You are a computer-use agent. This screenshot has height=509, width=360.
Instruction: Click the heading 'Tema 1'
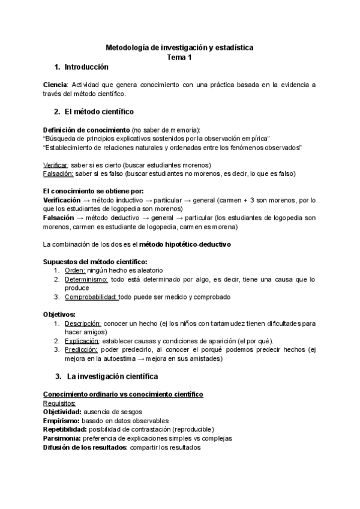(x=179, y=56)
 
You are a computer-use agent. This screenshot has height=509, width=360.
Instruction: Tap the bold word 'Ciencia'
(x=55, y=85)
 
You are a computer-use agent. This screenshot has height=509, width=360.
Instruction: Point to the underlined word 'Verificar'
(x=56, y=164)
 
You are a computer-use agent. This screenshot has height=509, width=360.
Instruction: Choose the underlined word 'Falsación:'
(x=58, y=173)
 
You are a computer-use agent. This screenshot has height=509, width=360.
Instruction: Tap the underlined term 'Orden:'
(x=76, y=271)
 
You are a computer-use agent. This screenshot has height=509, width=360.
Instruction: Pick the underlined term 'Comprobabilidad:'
(x=91, y=297)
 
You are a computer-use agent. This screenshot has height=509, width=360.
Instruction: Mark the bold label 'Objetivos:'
(x=59, y=314)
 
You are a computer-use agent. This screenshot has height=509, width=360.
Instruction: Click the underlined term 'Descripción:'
(x=83, y=324)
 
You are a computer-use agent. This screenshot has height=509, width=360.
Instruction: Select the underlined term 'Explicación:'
(x=83, y=341)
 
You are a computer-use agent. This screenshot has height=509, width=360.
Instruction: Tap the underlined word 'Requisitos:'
(x=59, y=403)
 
